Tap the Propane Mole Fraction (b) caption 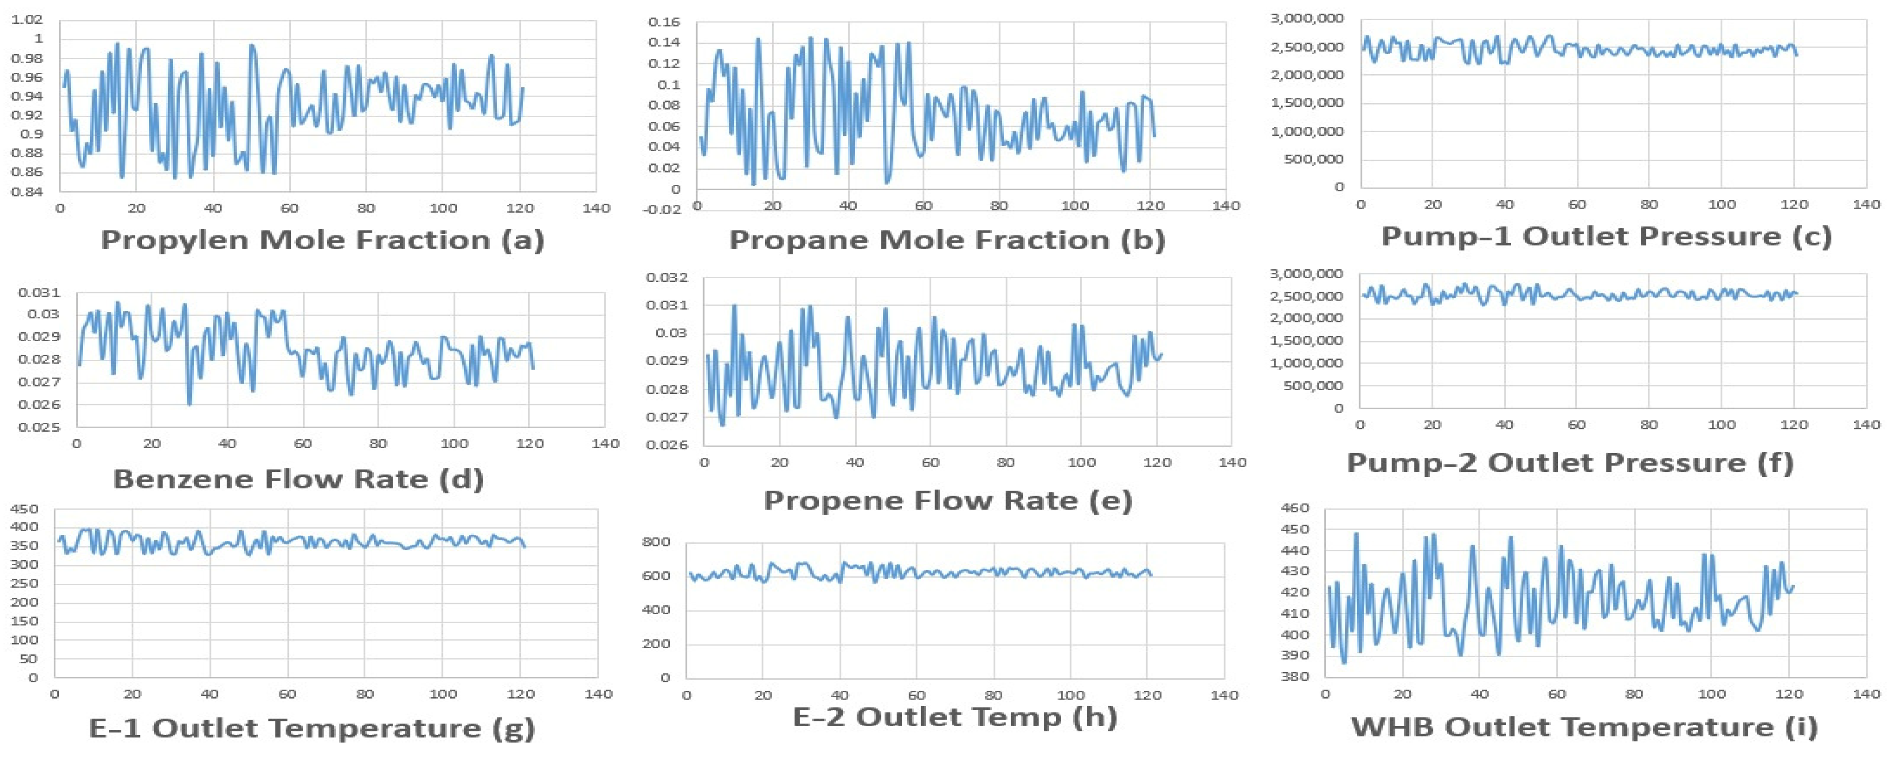947,240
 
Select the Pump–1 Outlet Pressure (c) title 1606,237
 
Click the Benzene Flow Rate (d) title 298,479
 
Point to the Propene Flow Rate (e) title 948,500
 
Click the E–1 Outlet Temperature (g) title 311,729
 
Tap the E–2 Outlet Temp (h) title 955,716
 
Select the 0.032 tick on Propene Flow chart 667,278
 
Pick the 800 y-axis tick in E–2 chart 657,542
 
